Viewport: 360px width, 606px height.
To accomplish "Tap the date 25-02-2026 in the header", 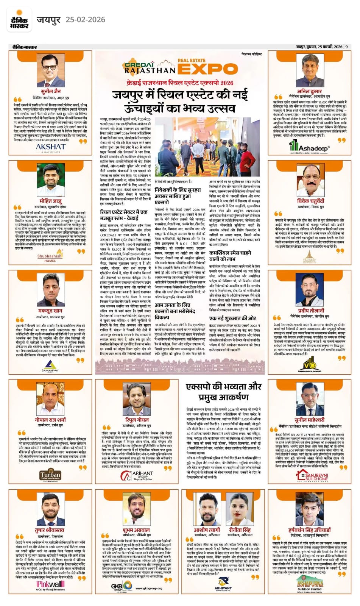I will [85, 20].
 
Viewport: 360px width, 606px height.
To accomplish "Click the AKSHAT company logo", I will [50, 147].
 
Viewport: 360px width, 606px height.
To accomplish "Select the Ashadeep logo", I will [310, 147].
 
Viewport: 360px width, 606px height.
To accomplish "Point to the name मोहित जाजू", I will [50, 201].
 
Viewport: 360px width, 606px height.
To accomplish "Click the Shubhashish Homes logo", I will [50, 258].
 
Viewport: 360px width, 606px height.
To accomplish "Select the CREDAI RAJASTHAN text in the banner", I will [150, 67].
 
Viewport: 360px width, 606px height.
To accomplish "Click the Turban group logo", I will [50, 475].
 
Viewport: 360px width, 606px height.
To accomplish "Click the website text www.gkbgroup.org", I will [148, 588].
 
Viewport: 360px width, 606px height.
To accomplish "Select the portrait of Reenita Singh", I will [240, 509].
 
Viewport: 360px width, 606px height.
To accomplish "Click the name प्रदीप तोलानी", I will [311, 311].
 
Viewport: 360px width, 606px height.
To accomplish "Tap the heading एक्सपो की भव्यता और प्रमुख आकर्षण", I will [224, 392].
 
